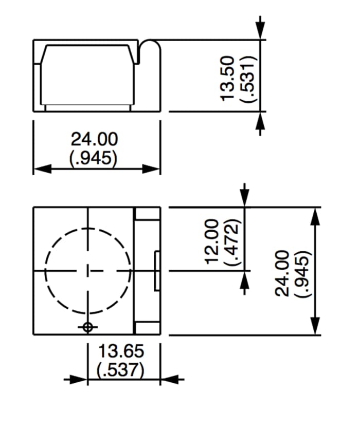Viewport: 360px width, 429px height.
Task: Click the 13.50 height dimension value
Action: point(227,76)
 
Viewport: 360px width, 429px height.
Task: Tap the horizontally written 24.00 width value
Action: point(94,139)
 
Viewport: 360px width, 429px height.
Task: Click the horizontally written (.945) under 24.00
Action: point(94,158)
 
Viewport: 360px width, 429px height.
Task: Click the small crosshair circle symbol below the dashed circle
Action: point(88,327)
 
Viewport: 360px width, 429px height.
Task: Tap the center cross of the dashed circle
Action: point(88,270)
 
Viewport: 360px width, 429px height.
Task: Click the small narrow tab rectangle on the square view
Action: point(156,270)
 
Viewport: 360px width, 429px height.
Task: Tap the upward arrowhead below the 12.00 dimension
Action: point(244,278)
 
